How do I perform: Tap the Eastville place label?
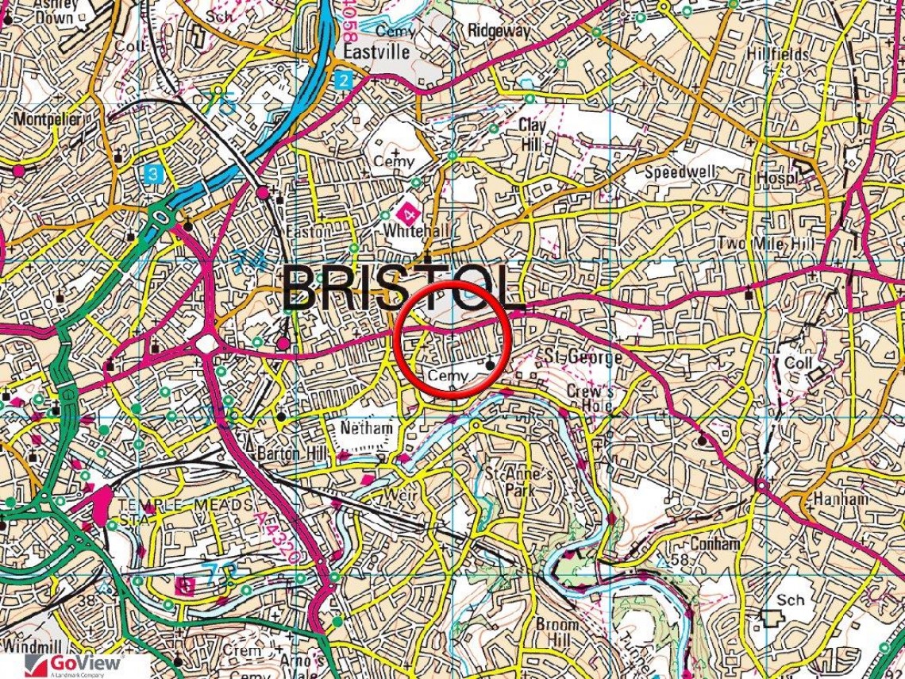pyautogui.click(x=376, y=52)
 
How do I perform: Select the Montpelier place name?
pyautogui.click(x=48, y=120)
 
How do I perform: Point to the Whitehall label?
pyautogui.click(x=410, y=231)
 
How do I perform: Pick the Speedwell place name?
pyautogui.click(x=680, y=172)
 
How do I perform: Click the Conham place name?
pyautogui.click(x=714, y=544)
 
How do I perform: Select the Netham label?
pyautogui.click(x=366, y=428)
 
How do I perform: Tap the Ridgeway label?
pyautogui.click(x=499, y=30)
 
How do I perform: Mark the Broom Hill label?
pyautogui.click(x=556, y=633)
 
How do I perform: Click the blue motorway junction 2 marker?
pyautogui.click(x=342, y=79)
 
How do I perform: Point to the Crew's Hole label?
pyautogui.click(x=590, y=399)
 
